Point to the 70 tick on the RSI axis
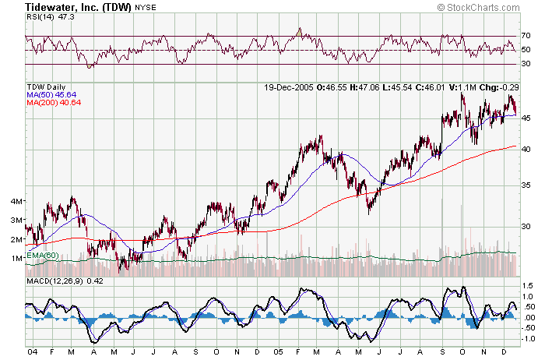point(526,36)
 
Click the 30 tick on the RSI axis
point(526,64)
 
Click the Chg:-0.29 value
point(498,86)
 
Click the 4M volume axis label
point(16,201)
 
